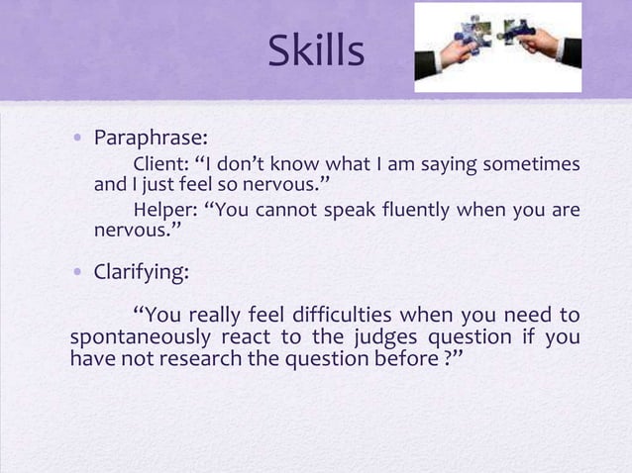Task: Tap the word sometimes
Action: point(534,162)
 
